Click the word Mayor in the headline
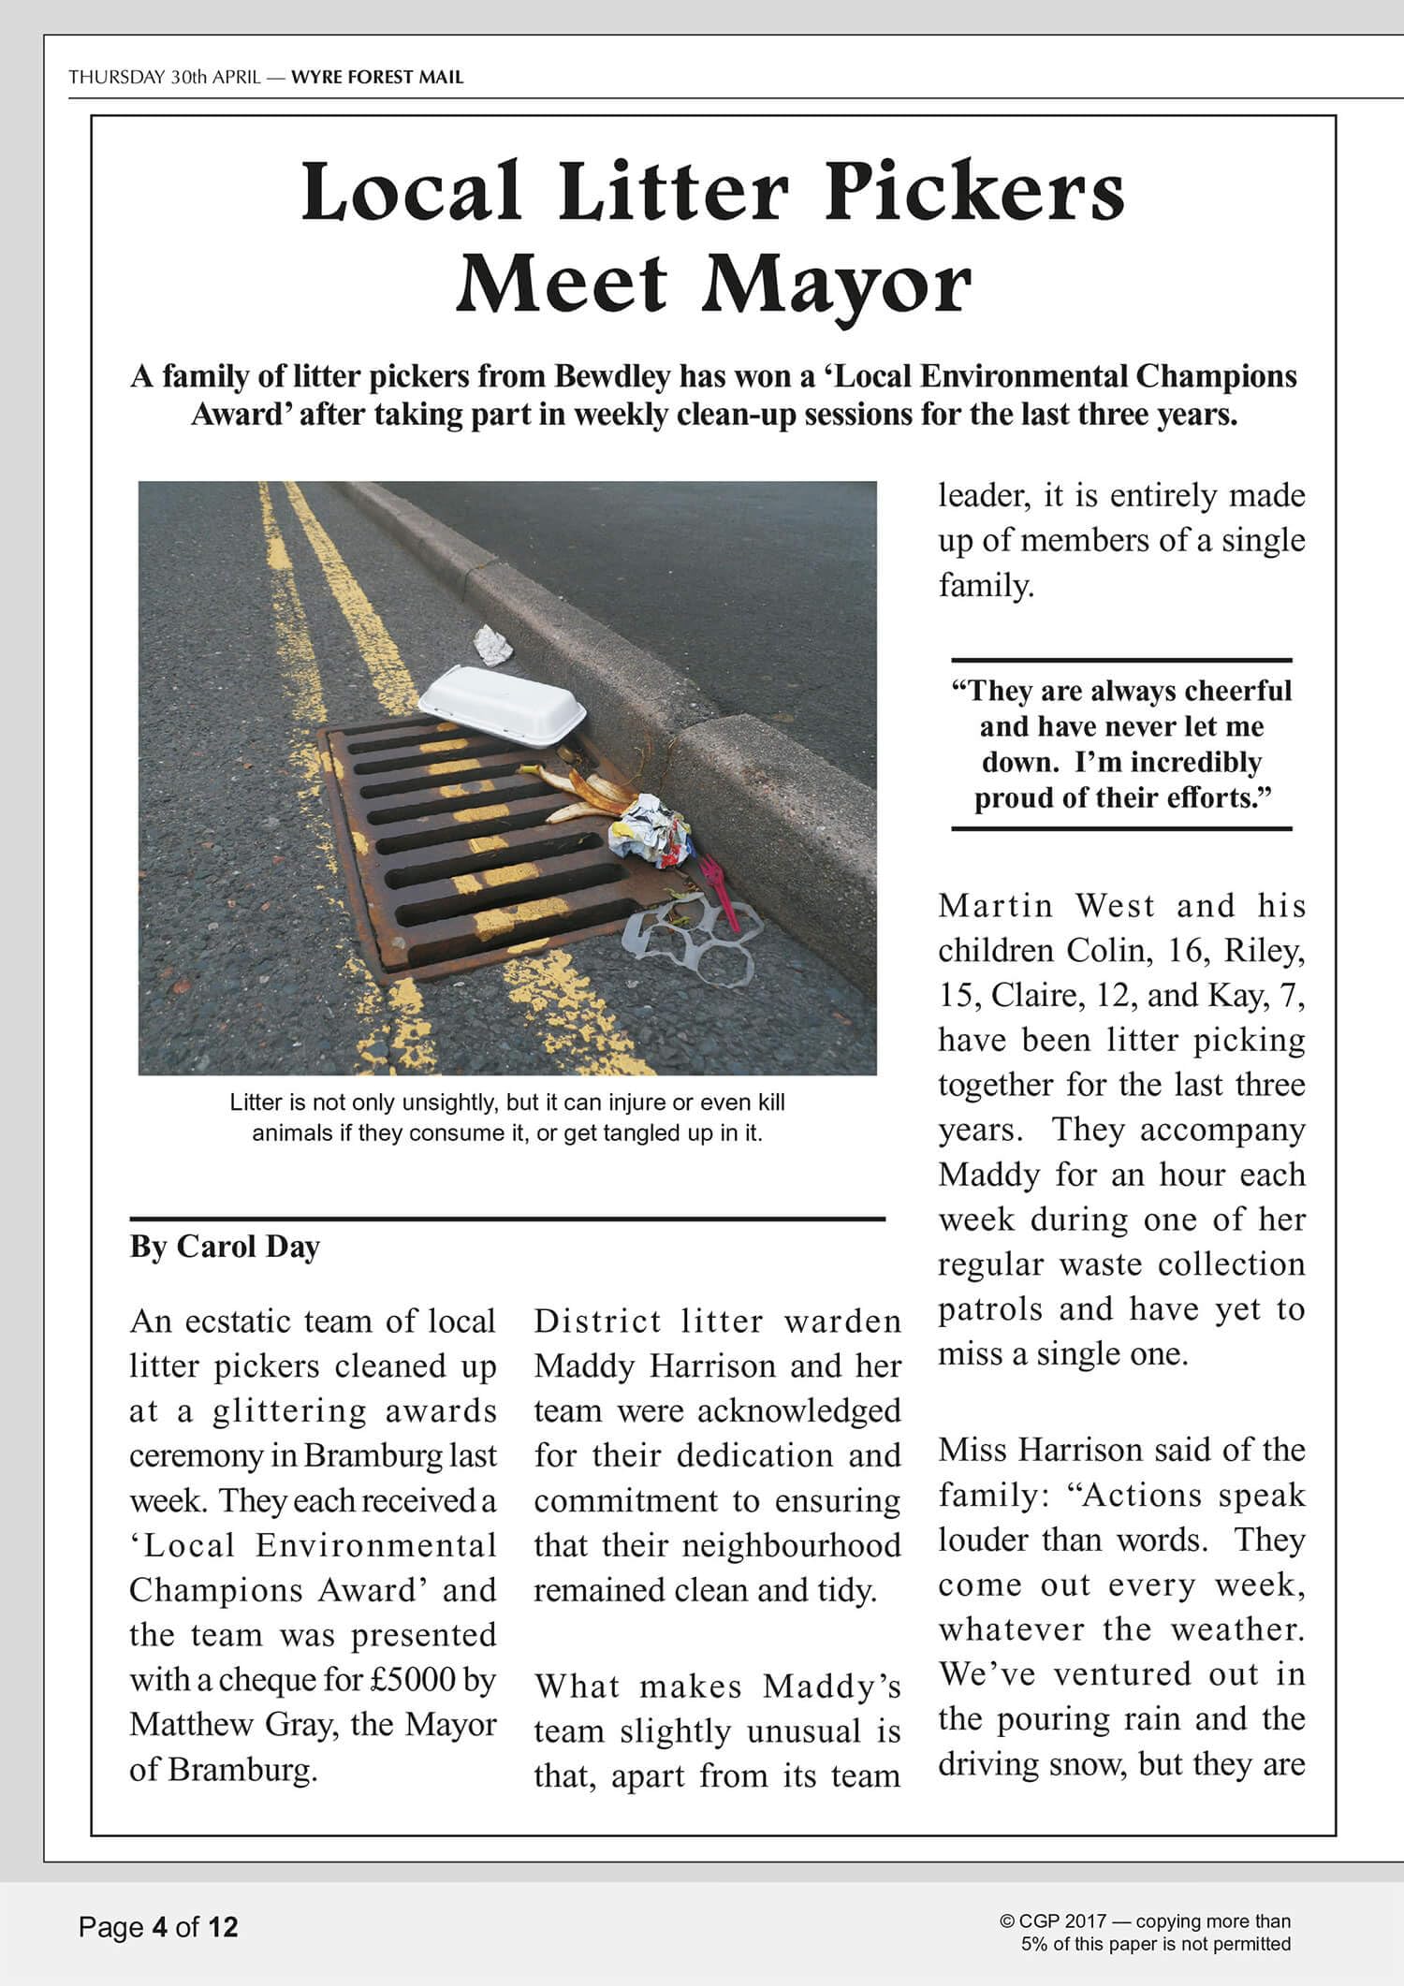coord(838,285)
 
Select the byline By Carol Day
coord(225,1247)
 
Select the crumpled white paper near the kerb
coord(491,645)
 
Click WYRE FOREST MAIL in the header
coord(377,77)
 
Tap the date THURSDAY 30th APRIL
coord(165,77)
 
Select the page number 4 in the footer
coord(159,1927)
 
